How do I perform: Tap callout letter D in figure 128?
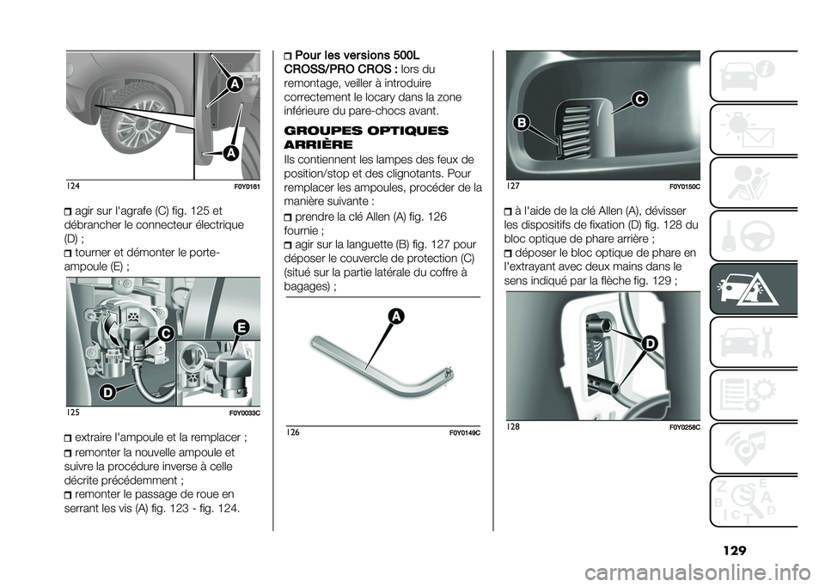(x=650, y=344)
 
